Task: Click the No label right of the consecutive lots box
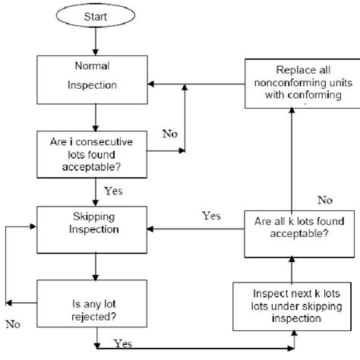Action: [171, 134]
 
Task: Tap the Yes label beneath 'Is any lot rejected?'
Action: [120, 343]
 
